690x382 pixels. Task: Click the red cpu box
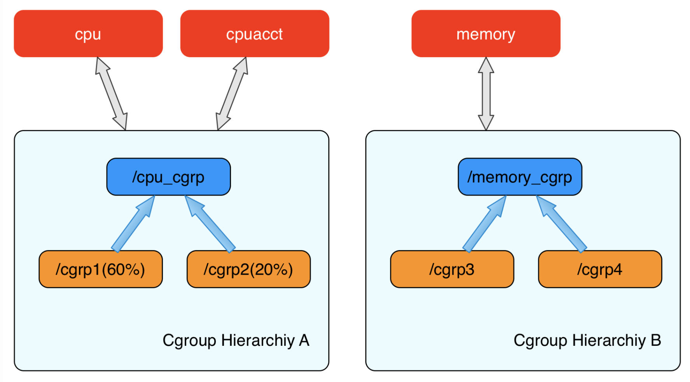pos(88,34)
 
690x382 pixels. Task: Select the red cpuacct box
pos(255,34)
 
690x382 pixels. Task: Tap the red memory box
pos(486,34)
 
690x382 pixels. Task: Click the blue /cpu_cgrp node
pos(168,177)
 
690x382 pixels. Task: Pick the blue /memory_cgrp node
pos(520,177)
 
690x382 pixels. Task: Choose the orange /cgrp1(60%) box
pos(101,269)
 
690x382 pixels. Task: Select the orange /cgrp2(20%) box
pos(249,269)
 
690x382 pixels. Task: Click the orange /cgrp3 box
pos(452,269)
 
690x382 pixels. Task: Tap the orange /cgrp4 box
pos(600,269)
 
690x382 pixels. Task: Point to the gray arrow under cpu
pos(112,94)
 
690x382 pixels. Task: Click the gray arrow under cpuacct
pos(232,94)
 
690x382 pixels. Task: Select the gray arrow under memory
pos(486,94)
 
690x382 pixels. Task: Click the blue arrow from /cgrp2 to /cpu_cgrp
pos(210,224)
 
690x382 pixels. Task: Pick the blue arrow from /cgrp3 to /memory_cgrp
pos(485,224)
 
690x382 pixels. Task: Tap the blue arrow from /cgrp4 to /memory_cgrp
pos(561,224)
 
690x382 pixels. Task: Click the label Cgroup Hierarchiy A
pos(236,341)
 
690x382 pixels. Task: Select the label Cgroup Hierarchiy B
pos(587,341)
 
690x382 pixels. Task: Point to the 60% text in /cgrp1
pos(123,269)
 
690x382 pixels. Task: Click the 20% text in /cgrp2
pos(271,269)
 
